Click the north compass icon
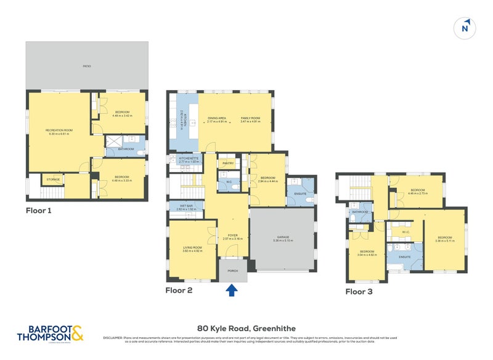click(466, 28)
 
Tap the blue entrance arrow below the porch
click(232, 290)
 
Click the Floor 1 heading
click(39, 210)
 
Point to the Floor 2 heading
click(179, 290)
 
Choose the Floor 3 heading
click(359, 292)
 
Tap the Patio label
click(87, 66)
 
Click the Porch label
click(233, 270)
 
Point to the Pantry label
click(227, 163)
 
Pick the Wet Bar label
click(186, 207)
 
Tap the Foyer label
click(234, 235)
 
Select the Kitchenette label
click(189, 158)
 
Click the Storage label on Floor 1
click(53, 180)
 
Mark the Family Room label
click(250, 118)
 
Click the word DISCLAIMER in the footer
click(115, 338)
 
